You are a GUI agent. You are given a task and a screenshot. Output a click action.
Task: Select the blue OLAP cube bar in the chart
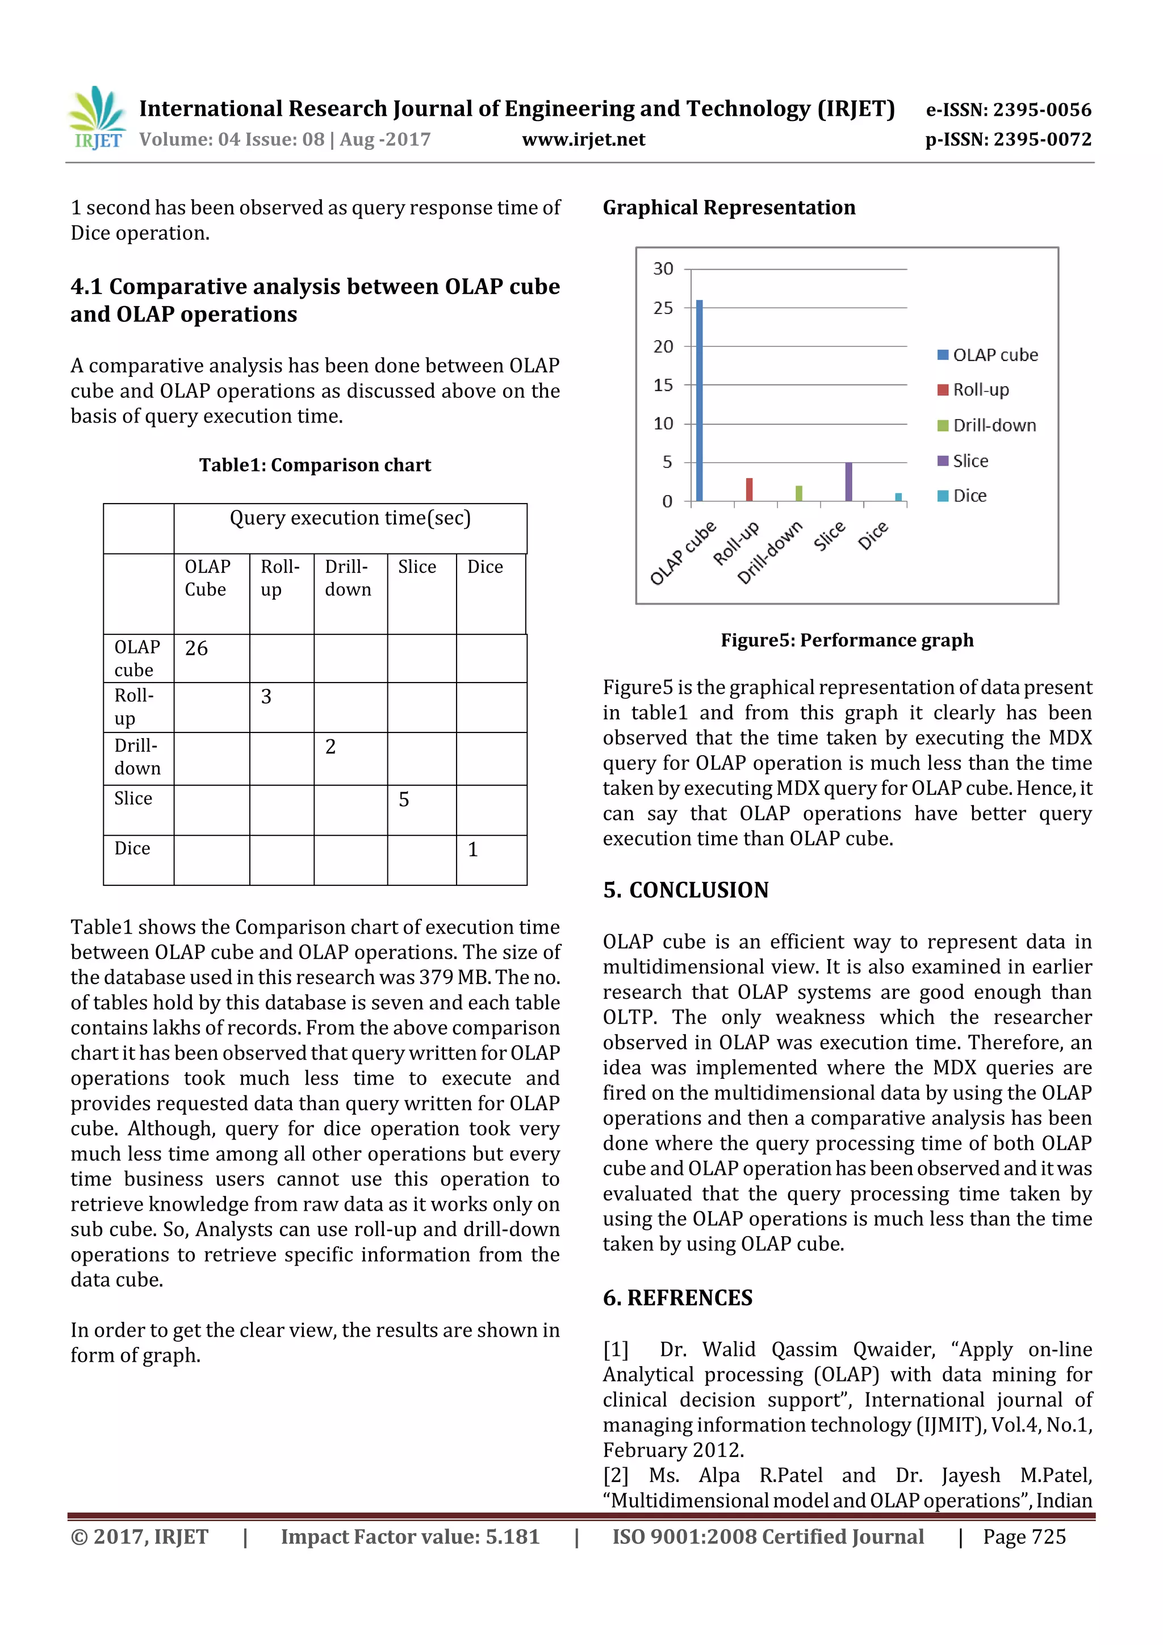click(x=700, y=401)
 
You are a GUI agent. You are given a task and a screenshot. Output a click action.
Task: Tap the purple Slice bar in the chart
click(x=848, y=482)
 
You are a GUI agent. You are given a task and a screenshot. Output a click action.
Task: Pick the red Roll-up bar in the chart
click(x=750, y=489)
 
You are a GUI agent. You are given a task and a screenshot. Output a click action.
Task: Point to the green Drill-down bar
click(x=799, y=493)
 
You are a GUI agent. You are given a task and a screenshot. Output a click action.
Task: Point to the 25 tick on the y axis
click(x=663, y=308)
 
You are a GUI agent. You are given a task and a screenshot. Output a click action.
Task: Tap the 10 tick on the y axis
click(x=663, y=424)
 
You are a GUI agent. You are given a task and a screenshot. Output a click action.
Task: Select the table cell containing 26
click(x=211, y=658)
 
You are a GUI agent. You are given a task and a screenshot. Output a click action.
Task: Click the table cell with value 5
click(x=421, y=810)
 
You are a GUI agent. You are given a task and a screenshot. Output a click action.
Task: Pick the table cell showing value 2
click(x=350, y=758)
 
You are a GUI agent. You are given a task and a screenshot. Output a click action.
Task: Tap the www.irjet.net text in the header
click(x=583, y=140)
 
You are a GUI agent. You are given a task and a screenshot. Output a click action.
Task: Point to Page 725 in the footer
click(x=1024, y=1536)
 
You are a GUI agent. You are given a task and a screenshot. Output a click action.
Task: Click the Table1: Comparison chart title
click(x=315, y=465)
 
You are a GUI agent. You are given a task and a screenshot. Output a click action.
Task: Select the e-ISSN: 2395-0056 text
click(x=1008, y=110)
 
